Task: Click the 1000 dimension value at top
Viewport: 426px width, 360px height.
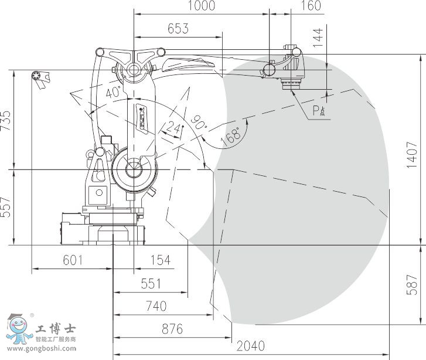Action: [202, 5]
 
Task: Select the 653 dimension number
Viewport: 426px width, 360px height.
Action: [178, 28]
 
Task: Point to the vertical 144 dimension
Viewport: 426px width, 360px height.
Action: [318, 38]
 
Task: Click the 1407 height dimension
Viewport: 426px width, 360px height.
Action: [412, 154]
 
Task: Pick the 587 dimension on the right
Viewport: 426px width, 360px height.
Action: [412, 285]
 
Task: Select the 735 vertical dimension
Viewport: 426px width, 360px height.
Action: [5, 120]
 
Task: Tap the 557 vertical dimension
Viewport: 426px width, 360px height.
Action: [5, 207]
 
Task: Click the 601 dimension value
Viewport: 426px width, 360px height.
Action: [73, 260]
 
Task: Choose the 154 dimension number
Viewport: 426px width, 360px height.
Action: [161, 260]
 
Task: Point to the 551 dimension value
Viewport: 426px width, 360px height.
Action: [151, 284]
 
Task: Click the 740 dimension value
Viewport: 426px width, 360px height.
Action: [156, 306]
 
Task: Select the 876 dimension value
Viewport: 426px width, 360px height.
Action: [172, 329]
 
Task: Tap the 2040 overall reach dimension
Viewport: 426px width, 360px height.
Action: [250, 346]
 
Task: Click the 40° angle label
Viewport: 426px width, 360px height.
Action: [113, 92]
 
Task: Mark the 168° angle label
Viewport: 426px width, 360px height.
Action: [231, 135]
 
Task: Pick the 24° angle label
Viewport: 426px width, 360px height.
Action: [174, 127]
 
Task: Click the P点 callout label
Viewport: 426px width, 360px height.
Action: [319, 111]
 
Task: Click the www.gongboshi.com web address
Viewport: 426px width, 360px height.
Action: [42, 349]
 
